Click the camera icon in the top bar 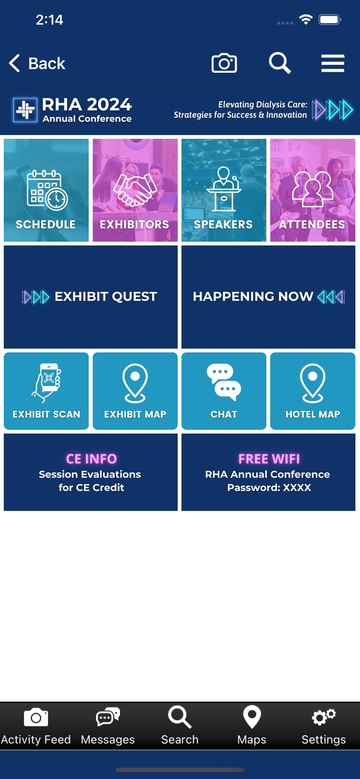tap(224, 63)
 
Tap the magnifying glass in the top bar tap(280, 63)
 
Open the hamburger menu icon tap(332, 63)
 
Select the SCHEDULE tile tap(46, 190)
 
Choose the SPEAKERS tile tap(224, 190)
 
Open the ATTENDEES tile tap(312, 190)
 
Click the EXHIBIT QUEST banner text tap(106, 296)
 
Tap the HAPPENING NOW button tap(268, 297)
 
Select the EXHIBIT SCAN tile tap(46, 391)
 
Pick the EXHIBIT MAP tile tap(135, 391)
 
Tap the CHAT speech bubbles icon tap(224, 382)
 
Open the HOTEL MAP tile tap(312, 391)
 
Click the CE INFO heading tap(91, 459)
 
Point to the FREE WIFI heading tap(269, 459)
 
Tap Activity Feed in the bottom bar tap(36, 726)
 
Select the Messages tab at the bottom tap(108, 726)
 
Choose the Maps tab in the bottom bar tap(252, 726)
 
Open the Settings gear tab tap(324, 726)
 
